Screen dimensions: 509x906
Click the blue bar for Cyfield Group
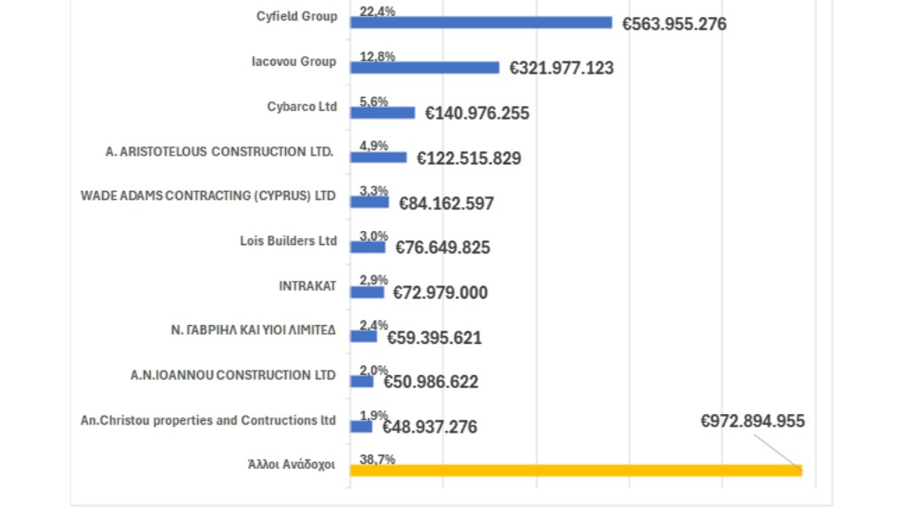point(481,22)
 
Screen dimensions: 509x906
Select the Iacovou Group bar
point(425,68)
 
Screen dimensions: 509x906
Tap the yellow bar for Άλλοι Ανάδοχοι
point(576,471)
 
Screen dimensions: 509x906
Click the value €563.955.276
point(674,24)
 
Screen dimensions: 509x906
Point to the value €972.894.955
point(752,421)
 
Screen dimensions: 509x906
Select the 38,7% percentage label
point(377,459)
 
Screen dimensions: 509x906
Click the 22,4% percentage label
point(377,12)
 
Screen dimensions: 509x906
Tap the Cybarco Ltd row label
point(302,107)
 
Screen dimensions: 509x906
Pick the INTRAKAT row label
point(307,286)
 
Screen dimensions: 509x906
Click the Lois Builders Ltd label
point(289,241)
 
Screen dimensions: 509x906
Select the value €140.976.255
point(477,114)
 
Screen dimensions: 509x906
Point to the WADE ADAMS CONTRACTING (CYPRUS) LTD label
point(209,195)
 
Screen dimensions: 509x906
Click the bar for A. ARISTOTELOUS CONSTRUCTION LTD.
point(378,157)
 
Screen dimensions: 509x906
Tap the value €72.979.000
point(441,293)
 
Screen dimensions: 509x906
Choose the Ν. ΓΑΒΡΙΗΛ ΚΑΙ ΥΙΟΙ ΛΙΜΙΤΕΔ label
point(253,330)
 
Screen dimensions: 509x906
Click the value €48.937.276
point(430,427)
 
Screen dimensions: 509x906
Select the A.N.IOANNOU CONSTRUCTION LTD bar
point(362,381)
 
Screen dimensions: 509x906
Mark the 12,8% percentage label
point(377,57)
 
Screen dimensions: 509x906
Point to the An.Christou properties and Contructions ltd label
point(209,420)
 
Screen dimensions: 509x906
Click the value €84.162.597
point(447,203)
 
